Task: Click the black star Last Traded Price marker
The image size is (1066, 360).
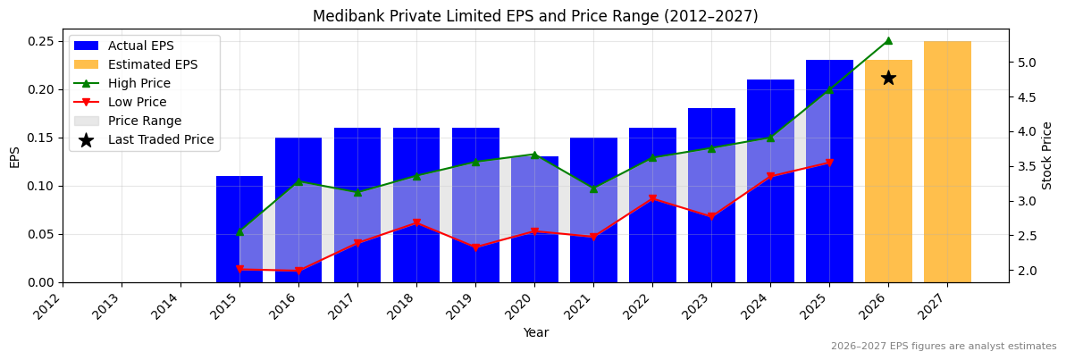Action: pyautogui.click(x=888, y=78)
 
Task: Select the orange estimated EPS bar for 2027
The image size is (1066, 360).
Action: pyautogui.click(x=947, y=162)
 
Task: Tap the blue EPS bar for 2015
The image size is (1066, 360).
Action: pyautogui.click(x=239, y=229)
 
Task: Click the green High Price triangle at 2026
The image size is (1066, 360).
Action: pyautogui.click(x=888, y=40)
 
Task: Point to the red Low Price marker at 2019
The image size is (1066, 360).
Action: pyautogui.click(x=475, y=247)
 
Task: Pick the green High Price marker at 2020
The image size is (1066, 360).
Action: pyautogui.click(x=534, y=155)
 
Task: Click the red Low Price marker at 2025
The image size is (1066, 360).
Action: pyautogui.click(x=829, y=163)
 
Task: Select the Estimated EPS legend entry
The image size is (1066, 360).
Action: pyautogui.click(x=152, y=64)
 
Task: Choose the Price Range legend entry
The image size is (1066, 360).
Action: pyautogui.click(x=144, y=121)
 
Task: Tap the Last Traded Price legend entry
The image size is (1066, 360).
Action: pyautogui.click(x=161, y=139)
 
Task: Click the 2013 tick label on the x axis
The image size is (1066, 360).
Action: pyautogui.click(x=112, y=305)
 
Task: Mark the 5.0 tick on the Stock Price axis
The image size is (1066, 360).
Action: pyautogui.click(x=1025, y=63)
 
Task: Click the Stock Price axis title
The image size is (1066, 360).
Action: pyautogui.click(x=1047, y=155)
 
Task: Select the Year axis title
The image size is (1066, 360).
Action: pyautogui.click(x=535, y=333)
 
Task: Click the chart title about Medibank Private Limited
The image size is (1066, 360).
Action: pyautogui.click(x=534, y=16)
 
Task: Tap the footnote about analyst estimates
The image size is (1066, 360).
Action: pyautogui.click(x=943, y=347)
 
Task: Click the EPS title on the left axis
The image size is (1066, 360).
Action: pyautogui.click(x=14, y=156)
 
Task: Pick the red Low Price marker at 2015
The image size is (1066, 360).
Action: pyautogui.click(x=239, y=269)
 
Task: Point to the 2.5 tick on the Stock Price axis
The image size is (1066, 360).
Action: pyautogui.click(x=1025, y=236)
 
